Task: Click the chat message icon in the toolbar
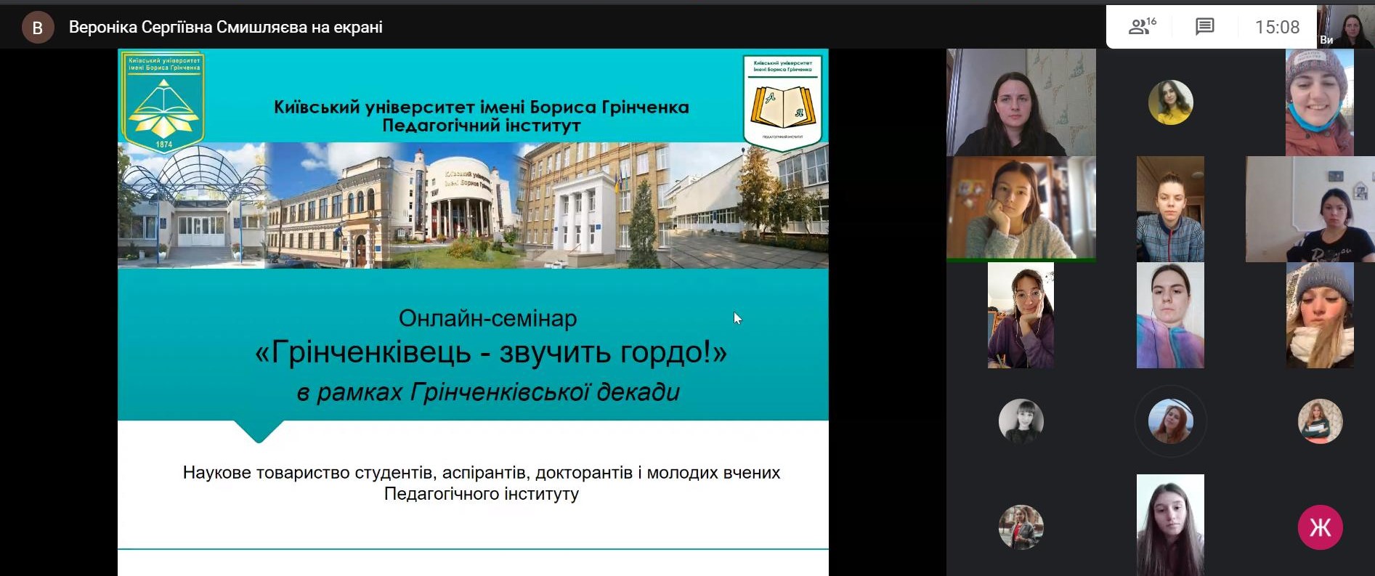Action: pyautogui.click(x=1204, y=27)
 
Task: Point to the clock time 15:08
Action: pyautogui.click(x=1277, y=28)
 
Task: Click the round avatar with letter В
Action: pyautogui.click(x=38, y=28)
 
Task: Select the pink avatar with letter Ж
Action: pyautogui.click(x=1320, y=527)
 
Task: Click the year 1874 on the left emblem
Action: pyautogui.click(x=164, y=145)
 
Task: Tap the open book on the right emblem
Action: pyautogui.click(x=782, y=106)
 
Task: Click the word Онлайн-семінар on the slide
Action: pyautogui.click(x=487, y=318)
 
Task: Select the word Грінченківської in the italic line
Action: pyautogui.click(x=500, y=392)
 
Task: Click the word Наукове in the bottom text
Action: pyautogui.click(x=216, y=473)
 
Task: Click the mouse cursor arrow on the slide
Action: pyautogui.click(x=737, y=317)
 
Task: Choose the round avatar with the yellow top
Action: pyautogui.click(x=1170, y=102)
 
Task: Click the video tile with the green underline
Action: pyautogui.click(x=1021, y=208)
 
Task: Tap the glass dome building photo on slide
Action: pyautogui.click(x=192, y=206)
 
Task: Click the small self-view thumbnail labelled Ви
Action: pyautogui.click(x=1344, y=26)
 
